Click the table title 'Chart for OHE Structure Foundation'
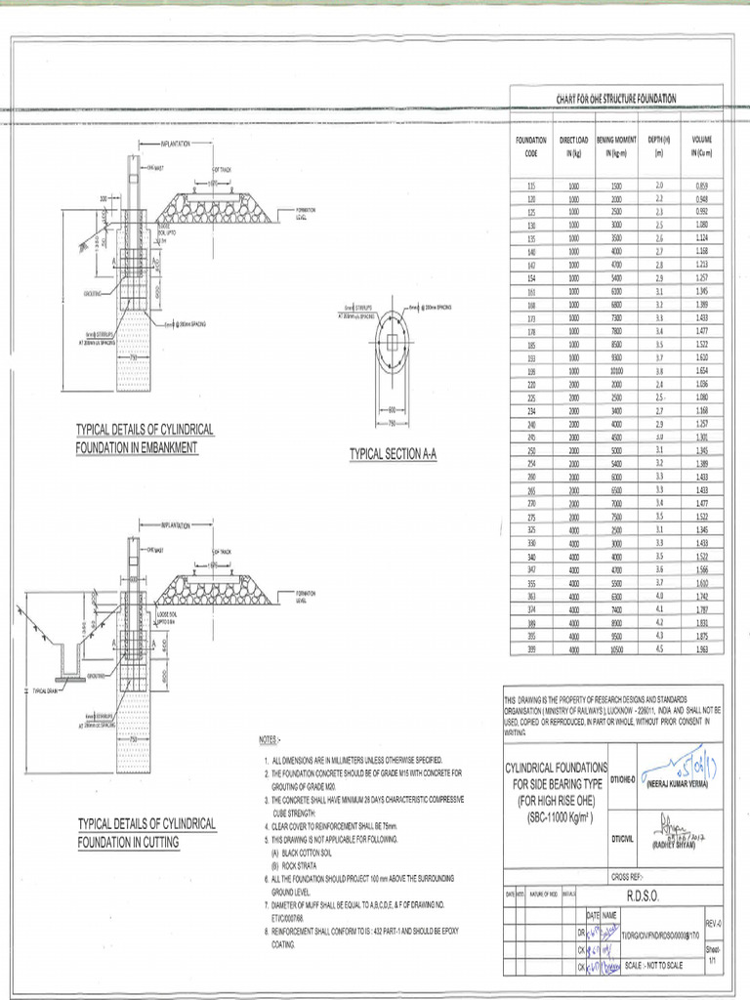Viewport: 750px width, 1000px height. click(615, 99)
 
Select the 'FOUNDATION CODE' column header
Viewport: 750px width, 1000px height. click(531, 146)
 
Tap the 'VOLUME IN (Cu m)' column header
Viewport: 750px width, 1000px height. click(701, 146)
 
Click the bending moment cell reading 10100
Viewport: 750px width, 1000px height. click(616, 372)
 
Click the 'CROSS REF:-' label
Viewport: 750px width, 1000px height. click(628, 877)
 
